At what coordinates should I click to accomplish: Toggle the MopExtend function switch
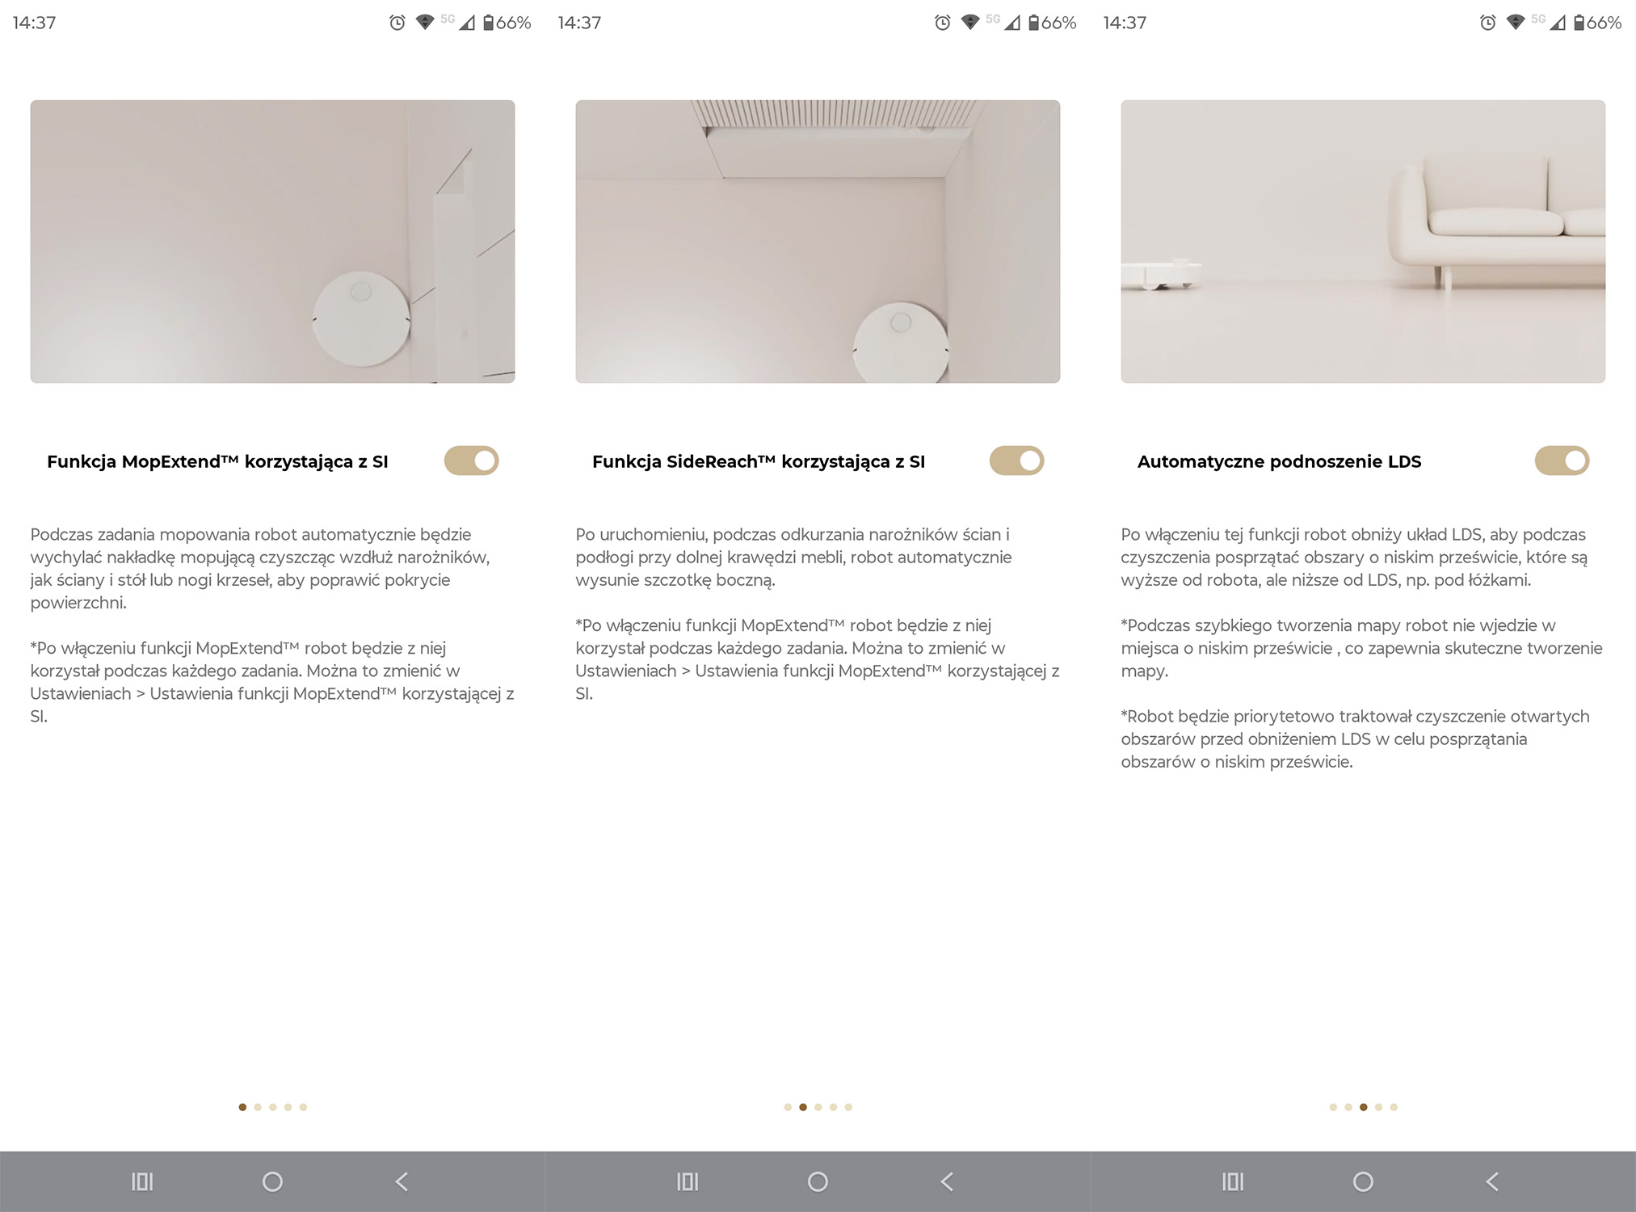coord(471,461)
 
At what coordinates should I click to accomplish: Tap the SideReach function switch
coord(1016,461)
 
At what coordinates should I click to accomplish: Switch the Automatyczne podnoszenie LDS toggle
coord(1562,461)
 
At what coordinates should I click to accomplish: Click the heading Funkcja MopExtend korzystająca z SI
coord(217,462)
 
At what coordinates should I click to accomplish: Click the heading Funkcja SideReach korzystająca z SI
coord(759,462)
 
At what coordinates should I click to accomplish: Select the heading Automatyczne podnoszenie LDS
coord(1279,462)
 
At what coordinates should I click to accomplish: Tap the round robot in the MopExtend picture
coord(361,318)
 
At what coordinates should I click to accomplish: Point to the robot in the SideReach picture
coord(901,343)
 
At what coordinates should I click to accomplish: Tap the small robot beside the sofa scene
coord(1160,274)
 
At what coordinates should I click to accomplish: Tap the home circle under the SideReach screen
coord(818,1182)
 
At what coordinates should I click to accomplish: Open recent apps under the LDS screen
coord(1233,1182)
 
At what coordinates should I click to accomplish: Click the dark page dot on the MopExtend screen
coord(242,1107)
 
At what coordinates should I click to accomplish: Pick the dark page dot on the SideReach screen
coord(803,1107)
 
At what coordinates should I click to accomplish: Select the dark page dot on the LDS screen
coord(1364,1107)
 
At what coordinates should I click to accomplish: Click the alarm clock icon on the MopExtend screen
coord(397,23)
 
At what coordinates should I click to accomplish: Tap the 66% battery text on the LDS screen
coord(1604,23)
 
